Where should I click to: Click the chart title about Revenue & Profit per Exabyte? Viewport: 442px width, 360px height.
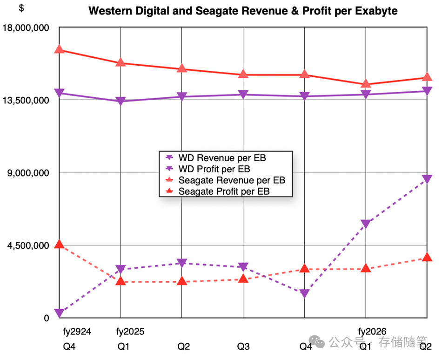tap(243, 11)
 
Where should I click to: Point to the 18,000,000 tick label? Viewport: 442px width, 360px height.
tap(26, 28)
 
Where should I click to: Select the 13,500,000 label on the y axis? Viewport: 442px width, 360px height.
tap(26, 100)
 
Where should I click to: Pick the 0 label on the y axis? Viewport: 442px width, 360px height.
tap(47, 318)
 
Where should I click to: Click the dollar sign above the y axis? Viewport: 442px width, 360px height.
tap(21, 8)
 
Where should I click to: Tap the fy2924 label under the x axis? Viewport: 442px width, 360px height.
tap(77, 332)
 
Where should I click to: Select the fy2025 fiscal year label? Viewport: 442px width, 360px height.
tap(130, 332)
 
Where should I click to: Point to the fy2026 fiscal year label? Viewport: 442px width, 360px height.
tap(372, 332)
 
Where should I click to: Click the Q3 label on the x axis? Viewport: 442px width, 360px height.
tap(243, 346)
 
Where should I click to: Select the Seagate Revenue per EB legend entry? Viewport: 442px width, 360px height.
tap(232, 180)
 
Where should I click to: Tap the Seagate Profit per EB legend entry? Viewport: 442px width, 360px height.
tap(224, 191)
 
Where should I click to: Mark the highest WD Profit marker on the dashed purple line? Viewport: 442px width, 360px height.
tap(427, 180)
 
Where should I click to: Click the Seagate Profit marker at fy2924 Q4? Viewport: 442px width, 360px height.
tap(59, 245)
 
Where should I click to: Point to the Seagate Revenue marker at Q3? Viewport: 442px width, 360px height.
tap(243, 75)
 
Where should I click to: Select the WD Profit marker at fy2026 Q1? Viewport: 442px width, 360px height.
tap(366, 224)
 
